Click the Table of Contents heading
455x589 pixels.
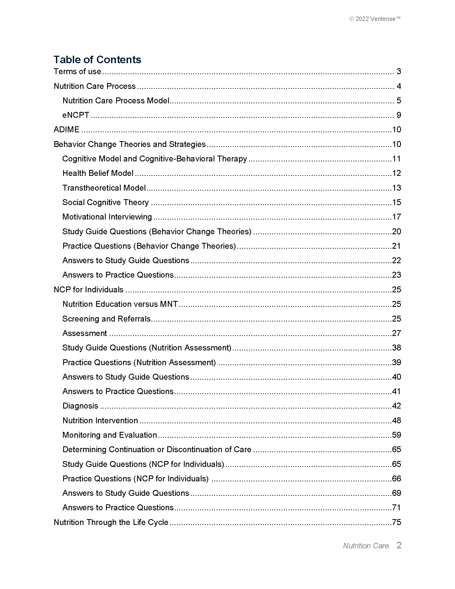click(x=97, y=60)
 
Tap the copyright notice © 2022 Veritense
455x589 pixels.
click(x=374, y=19)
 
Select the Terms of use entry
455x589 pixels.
click(x=77, y=71)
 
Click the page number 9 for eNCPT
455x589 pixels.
click(x=399, y=115)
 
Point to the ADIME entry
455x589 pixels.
click(x=67, y=130)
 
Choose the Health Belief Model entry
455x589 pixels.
click(x=98, y=173)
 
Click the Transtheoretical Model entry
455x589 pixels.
click(x=104, y=188)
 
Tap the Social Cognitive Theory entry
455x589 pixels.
click(x=105, y=202)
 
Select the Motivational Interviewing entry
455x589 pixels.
click(x=107, y=217)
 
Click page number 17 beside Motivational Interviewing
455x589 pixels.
click(x=396, y=217)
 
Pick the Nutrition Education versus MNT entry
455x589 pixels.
click(x=120, y=304)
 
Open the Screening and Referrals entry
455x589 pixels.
click(x=106, y=319)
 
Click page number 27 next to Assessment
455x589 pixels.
click(x=396, y=333)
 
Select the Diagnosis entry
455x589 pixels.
click(x=80, y=406)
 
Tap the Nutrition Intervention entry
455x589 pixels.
click(x=100, y=420)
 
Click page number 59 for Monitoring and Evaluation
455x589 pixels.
click(x=396, y=435)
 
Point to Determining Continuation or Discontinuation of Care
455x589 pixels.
click(x=157, y=450)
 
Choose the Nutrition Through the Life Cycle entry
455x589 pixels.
click(x=111, y=522)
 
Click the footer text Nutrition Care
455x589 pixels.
click(x=366, y=546)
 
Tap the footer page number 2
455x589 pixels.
click(x=399, y=545)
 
